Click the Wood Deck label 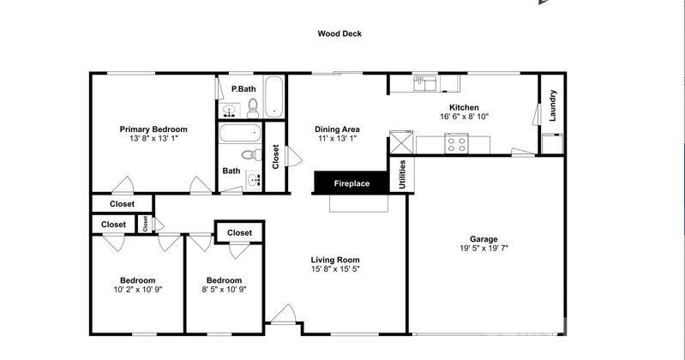click(339, 33)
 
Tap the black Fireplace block click(352, 183)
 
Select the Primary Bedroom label click(153, 129)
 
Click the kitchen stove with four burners click(456, 144)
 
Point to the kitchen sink click(424, 83)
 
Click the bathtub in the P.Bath click(273, 97)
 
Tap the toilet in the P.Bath click(253, 108)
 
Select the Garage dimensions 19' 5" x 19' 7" click(484, 249)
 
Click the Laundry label click(552, 105)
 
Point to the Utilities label click(402, 174)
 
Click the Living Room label click(335, 260)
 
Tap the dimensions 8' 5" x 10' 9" click(224, 289)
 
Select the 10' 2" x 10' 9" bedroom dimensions click(138, 289)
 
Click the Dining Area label click(337, 129)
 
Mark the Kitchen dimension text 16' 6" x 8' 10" click(464, 117)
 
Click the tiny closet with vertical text click(145, 224)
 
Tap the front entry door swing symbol click(283, 314)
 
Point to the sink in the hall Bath click(254, 180)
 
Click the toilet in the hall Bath click(251, 154)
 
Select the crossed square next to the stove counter click(401, 142)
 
